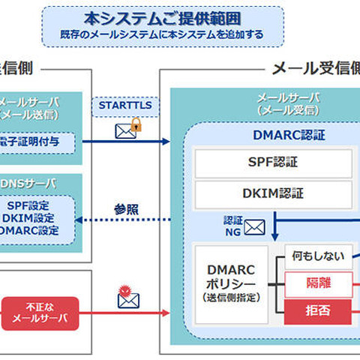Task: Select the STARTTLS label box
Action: point(124,106)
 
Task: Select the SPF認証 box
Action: point(273,163)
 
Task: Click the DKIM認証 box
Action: point(273,193)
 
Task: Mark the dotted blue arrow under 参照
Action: point(127,220)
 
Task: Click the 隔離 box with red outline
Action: point(319,283)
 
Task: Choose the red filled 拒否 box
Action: point(319,309)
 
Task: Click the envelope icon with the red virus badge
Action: point(128,297)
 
